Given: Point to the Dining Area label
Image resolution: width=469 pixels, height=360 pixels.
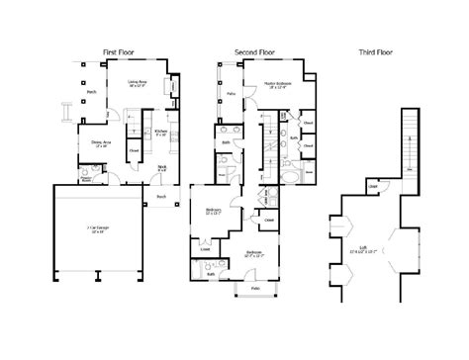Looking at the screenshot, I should [x=102, y=143].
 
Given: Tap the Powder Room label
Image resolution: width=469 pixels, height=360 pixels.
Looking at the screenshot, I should [x=86, y=180].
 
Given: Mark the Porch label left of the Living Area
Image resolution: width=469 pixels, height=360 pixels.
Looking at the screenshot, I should [x=91, y=96].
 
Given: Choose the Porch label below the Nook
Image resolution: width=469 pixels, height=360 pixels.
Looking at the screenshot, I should [x=161, y=196].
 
